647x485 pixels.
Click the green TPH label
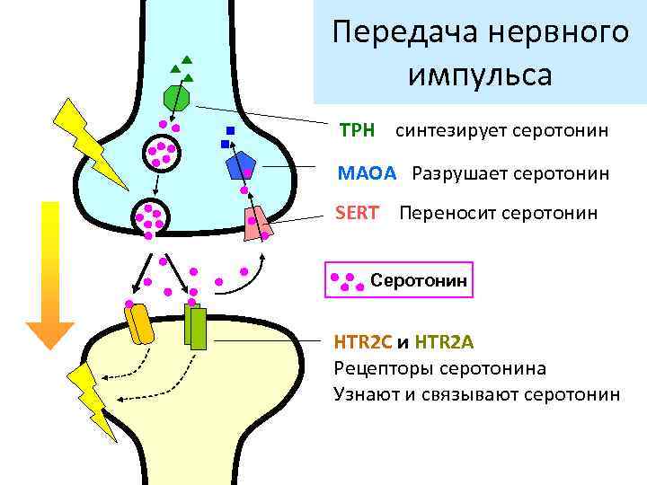pos(357,131)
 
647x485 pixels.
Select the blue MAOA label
pos(366,172)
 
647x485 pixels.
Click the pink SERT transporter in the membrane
pos(257,224)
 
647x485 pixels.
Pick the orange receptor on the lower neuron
pos(140,325)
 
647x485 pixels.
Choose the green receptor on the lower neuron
pos(195,327)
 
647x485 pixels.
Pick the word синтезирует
pos(451,131)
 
